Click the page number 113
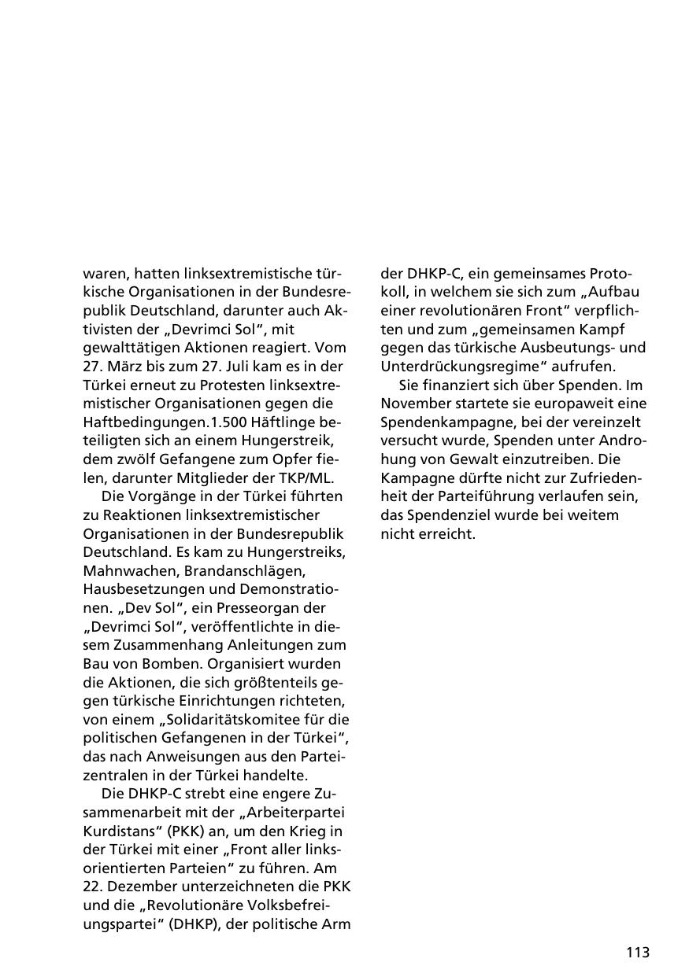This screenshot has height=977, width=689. pyautogui.click(x=638, y=953)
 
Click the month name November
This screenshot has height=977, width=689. pyautogui.click(x=417, y=404)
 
